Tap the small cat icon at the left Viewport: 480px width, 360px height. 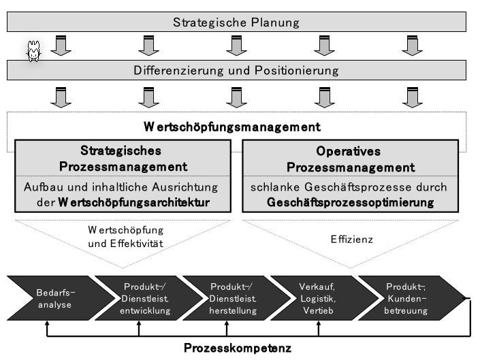click(31, 53)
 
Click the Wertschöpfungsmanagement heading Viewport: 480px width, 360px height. click(232, 127)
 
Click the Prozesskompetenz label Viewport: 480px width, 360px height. click(238, 348)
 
